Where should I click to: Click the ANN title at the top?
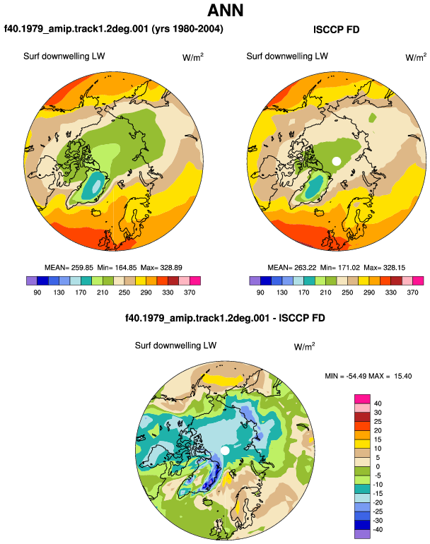(x=225, y=11)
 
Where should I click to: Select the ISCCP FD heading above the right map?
(x=336, y=30)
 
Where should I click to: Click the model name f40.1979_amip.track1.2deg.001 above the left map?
(x=76, y=29)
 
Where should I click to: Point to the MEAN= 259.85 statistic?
(x=69, y=268)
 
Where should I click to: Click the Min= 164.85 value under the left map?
(x=117, y=268)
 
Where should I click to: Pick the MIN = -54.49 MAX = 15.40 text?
(x=368, y=376)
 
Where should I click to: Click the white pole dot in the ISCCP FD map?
(x=336, y=161)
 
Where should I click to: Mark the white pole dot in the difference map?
(x=225, y=451)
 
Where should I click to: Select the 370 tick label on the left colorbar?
(x=190, y=292)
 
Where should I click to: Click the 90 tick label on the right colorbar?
(x=260, y=292)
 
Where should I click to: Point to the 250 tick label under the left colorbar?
(x=124, y=292)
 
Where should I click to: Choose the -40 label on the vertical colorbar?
(x=378, y=530)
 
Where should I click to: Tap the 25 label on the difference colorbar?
(x=378, y=422)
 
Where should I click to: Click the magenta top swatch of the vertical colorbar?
(x=362, y=398)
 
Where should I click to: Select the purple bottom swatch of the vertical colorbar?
(x=362, y=534)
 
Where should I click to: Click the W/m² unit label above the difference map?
(x=304, y=346)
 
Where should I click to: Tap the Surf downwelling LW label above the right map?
(x=287, y=57)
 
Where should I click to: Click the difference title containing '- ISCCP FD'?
(x=225, y=318)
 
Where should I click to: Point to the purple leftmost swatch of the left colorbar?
(x=32, y=280)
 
